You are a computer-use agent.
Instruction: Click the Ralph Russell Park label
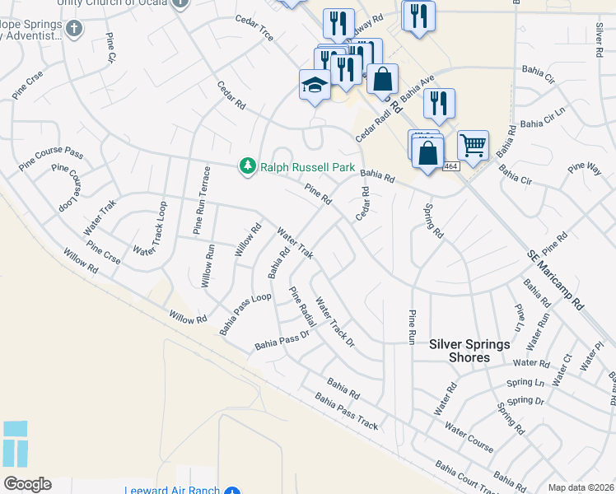[x=308, y=167]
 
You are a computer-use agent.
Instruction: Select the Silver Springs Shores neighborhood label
[x=470, y=351]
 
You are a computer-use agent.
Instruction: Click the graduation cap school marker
[x=314, y=85]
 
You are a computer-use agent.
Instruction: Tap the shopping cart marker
[x=473, y=147]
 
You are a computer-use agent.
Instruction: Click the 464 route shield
[x=450, y=166]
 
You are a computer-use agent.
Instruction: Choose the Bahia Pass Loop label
[x=245, y=314]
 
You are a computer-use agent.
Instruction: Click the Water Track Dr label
[x=334, y=321]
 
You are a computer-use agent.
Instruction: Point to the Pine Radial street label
[x=301, y=304]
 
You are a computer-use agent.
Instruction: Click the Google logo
[x=28, y=484]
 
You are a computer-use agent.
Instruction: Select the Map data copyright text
[x=581, y=487]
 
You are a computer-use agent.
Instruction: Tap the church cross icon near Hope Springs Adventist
[x=75, y=29]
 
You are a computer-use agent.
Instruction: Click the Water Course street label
[x=469, y=436]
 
